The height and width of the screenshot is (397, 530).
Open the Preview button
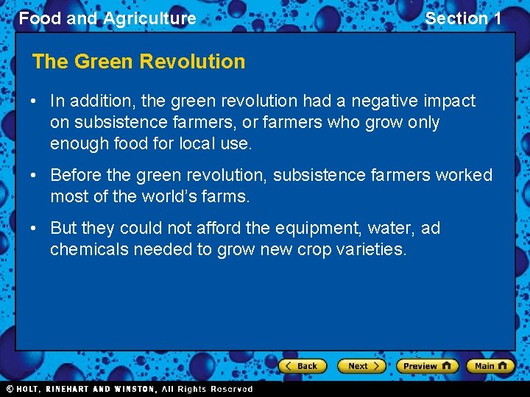tap(427, 365)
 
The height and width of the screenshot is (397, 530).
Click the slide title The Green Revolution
tap(138, 62)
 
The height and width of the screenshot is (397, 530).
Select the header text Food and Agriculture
tap(107, 18)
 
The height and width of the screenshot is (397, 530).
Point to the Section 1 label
tap(463, 18)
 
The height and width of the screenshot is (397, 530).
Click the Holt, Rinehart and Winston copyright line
tap(129, 389)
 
